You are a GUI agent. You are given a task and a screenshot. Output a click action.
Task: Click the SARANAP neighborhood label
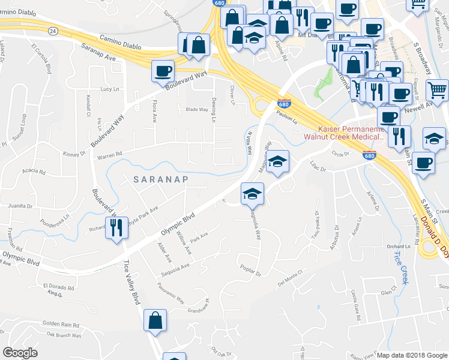(x=153, y=179)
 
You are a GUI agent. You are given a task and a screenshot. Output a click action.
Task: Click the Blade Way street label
(x=196, y=109)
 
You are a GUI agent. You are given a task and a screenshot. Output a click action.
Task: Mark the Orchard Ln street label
(x=402, y=246)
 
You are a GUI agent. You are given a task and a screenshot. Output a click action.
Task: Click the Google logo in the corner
(x=20, y=353)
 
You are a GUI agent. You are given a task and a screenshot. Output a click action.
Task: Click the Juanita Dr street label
(x=20, y=206)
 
